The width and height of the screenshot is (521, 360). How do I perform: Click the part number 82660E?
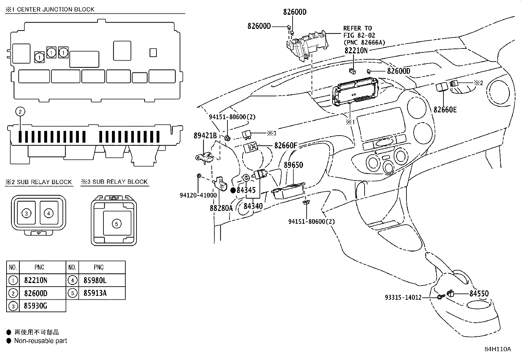445,109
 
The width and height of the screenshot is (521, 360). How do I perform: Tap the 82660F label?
286,145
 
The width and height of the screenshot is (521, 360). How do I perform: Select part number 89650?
293,165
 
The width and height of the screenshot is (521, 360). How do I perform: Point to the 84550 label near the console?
479,294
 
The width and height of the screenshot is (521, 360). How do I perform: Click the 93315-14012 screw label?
403,297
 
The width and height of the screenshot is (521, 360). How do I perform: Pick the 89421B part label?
205,136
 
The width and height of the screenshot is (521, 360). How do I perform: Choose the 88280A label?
221,208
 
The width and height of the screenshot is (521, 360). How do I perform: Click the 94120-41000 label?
198,195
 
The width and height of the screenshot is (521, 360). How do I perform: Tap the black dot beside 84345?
233,190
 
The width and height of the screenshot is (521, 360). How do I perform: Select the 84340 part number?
253,206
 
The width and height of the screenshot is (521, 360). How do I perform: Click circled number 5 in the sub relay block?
117,224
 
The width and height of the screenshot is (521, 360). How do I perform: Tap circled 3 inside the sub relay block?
26,213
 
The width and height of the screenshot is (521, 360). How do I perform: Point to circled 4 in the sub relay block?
49,213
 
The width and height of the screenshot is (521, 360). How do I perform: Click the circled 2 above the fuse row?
20,112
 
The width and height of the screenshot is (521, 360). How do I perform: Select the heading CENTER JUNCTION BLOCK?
56,9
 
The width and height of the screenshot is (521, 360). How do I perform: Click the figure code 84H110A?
498,349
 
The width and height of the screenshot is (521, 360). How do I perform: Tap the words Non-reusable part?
41,341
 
